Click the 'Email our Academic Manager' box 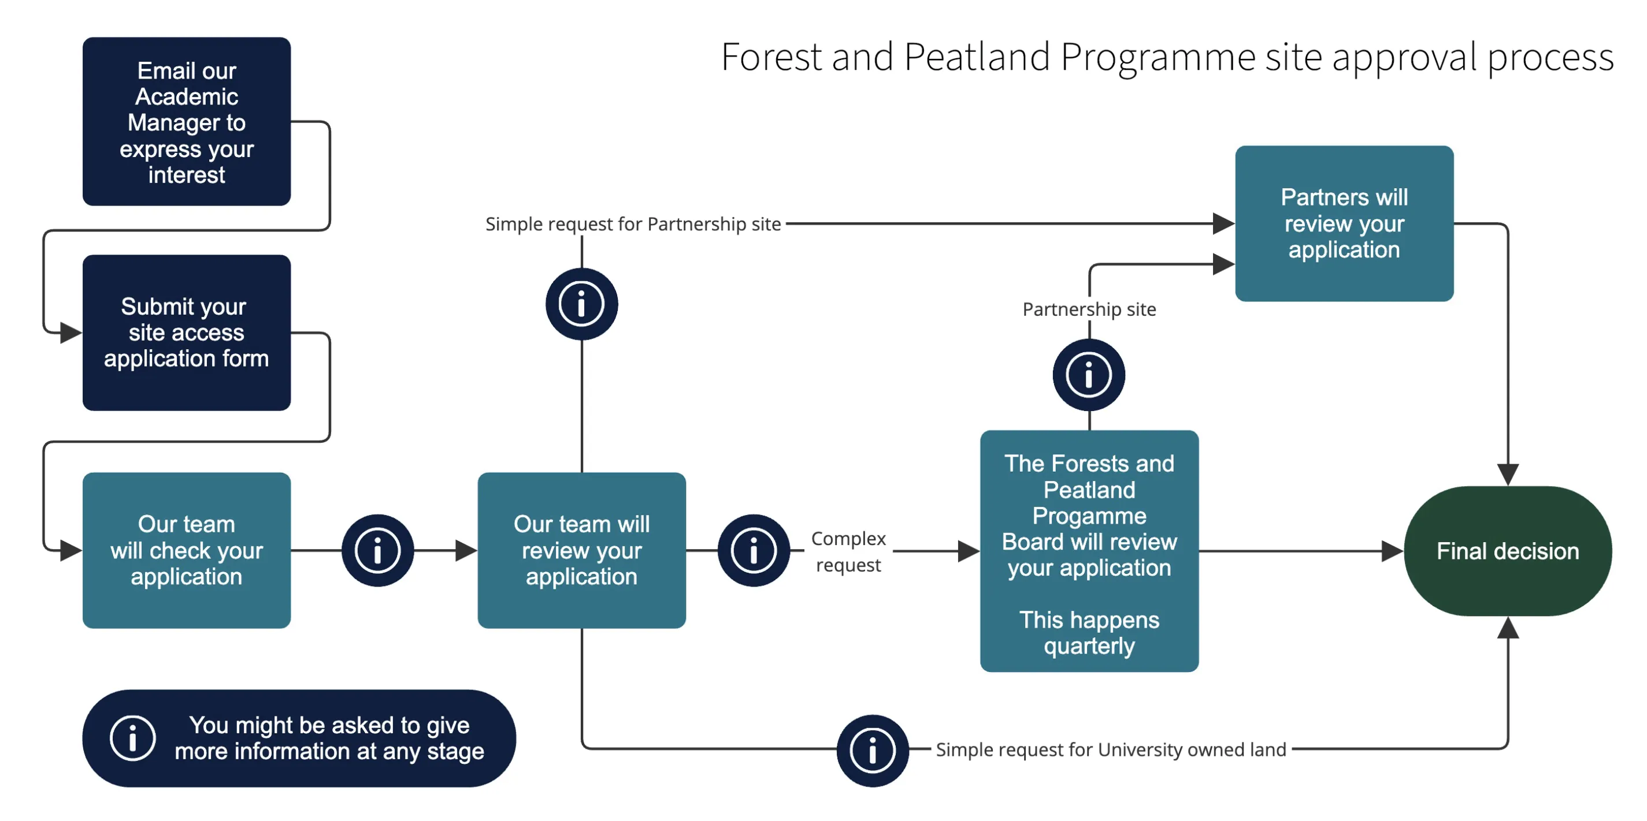[x=186, y=121]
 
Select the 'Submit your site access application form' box [x=186, y=332]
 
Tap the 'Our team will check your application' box [x=186, y=550]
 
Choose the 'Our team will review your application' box [x=581, y=550]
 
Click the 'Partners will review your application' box [x=1344, y=223]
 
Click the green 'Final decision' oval [x=1507, y=551]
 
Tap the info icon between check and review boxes [x=377, y=550]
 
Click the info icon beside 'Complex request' [x=753, y=550]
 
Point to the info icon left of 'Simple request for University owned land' [x=872, y=750]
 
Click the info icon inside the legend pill [x=132, y=738]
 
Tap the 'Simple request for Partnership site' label [x=632, y=223]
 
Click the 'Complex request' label [x=848, y=551]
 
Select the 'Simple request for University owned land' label [x=1111, y=749]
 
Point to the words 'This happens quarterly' [x=1089, y=633]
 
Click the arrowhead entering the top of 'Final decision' [x=1508, y=475]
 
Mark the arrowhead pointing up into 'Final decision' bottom [x=1508, y=628]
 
